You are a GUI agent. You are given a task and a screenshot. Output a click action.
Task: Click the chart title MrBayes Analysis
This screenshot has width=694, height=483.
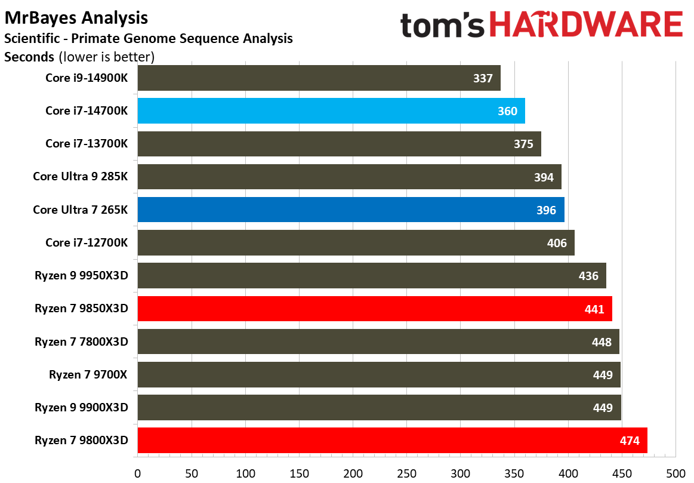76,19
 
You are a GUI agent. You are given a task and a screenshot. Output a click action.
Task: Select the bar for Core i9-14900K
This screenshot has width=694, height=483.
319,78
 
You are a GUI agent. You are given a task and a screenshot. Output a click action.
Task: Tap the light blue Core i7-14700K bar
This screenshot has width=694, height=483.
331,111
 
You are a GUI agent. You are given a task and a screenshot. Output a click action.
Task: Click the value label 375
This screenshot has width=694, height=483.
523,144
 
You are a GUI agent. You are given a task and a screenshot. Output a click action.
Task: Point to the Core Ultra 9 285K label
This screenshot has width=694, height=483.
81,177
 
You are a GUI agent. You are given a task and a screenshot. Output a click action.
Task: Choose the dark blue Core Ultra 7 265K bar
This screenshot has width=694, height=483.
351,210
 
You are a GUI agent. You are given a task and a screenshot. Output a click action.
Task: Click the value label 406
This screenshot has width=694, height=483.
556,243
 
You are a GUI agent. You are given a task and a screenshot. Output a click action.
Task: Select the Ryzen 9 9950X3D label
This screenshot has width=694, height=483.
82,276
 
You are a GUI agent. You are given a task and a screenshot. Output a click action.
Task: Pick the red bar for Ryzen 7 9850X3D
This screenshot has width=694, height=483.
375,309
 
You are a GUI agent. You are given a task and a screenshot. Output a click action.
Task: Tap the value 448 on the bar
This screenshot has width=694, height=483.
602,342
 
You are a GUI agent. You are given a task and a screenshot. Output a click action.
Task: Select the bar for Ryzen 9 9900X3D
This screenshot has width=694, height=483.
379,407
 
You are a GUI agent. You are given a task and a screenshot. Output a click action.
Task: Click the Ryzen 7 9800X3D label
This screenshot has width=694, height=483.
82,441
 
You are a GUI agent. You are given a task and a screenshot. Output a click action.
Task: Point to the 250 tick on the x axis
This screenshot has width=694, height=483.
407,473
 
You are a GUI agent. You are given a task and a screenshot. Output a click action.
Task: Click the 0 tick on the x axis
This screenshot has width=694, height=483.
138,473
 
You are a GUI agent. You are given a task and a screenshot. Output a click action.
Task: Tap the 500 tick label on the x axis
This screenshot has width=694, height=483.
676,473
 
